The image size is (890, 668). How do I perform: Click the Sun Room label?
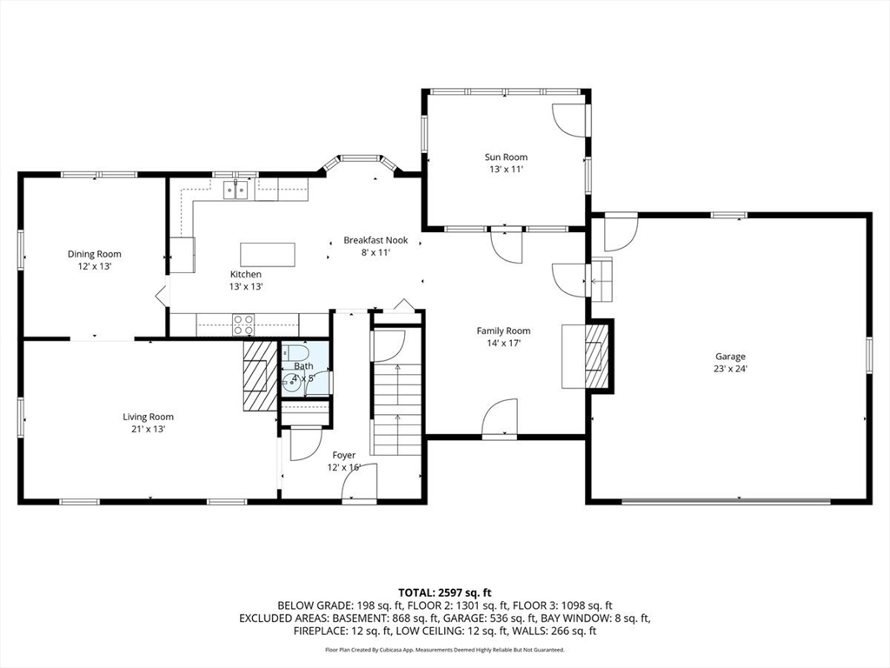point(506,157)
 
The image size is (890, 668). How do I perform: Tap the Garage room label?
point(730,357)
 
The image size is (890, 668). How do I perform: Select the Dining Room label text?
point(94,254)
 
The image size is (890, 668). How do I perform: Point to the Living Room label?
point(148,417)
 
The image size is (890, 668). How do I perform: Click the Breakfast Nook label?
point(375,240)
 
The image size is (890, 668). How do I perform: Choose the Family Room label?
point(503,331)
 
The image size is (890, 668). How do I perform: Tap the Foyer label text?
point(344,455)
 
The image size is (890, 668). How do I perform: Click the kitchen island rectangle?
point(268,255)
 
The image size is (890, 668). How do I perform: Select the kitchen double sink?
point(236,190)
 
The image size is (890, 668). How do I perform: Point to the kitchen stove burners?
point(243,325)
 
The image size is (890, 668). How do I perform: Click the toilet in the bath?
point(295,352)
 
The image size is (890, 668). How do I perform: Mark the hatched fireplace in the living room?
point(260,376)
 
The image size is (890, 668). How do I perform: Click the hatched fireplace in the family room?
point(598,356)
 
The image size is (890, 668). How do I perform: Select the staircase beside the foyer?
point(397,409)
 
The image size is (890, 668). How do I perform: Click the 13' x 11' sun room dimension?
point(506,170)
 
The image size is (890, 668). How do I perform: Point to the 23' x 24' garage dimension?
point(730,369)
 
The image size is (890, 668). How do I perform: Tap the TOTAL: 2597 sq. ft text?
point(444,593)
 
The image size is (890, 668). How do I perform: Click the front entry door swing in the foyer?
point(360,482)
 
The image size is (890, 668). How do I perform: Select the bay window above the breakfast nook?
point(359,164)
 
